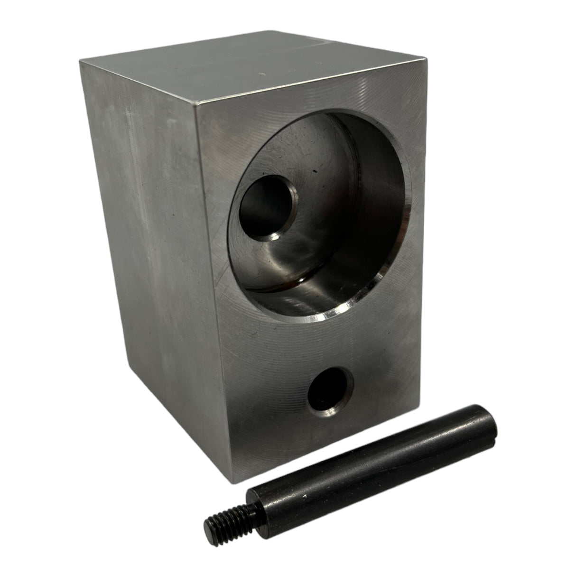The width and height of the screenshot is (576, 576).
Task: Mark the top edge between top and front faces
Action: click(323, 81)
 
